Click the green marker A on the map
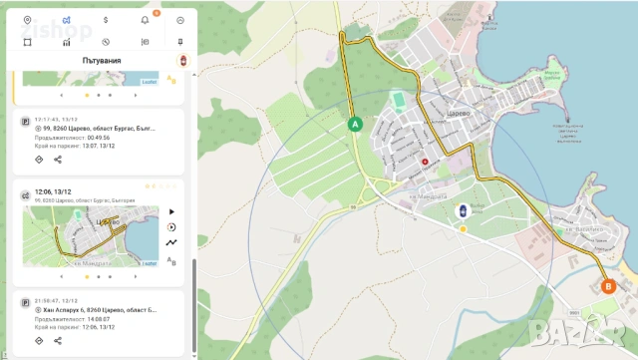(354, 124)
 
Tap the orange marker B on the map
(609, 286)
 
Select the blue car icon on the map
(463, 210)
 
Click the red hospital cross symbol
(426, 162)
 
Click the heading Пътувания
(102, 60)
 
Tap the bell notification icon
(145, 20)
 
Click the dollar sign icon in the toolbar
(106, 20)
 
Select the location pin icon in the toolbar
(27, 20)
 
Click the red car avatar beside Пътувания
(181, 61)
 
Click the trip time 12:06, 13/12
(53, 191)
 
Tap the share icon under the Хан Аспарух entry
(58, 341)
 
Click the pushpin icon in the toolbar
(180, 42)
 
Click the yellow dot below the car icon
(463, 229)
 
